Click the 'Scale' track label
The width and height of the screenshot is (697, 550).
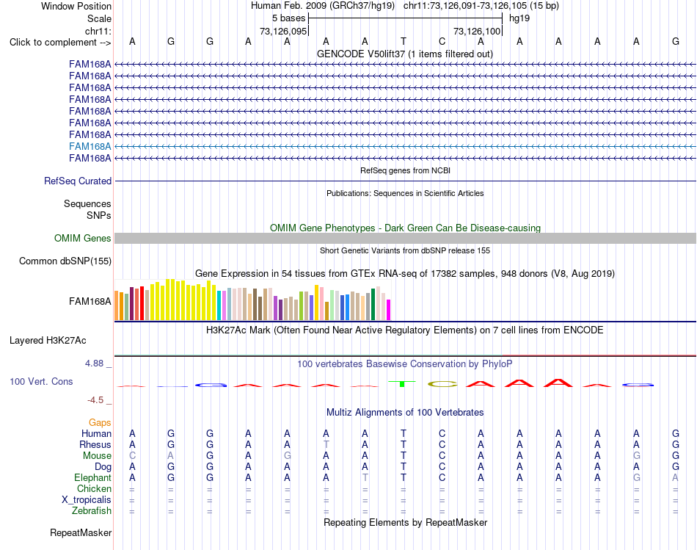99,18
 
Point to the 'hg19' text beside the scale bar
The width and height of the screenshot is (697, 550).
519,18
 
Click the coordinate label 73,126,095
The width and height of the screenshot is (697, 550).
283,31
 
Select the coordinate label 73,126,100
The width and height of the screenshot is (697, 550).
477,31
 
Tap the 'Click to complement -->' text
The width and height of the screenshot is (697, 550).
60,43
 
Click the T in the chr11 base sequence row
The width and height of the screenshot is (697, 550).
404,41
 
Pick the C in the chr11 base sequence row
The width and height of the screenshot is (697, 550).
442,41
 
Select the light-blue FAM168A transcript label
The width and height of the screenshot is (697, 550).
90,146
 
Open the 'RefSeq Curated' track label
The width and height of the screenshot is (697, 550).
78,181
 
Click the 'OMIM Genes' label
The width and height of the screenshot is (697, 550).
83,238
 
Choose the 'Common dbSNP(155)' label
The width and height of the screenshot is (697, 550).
65,261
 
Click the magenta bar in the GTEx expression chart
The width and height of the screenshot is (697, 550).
389,310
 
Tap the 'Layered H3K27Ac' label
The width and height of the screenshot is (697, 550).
48,341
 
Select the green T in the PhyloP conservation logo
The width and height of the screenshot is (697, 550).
402,383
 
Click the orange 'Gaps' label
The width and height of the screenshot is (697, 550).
100,422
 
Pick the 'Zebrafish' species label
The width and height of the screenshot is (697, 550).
92,510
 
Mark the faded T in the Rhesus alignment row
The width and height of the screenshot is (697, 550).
326,444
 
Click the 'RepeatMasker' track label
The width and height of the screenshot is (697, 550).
81,532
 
